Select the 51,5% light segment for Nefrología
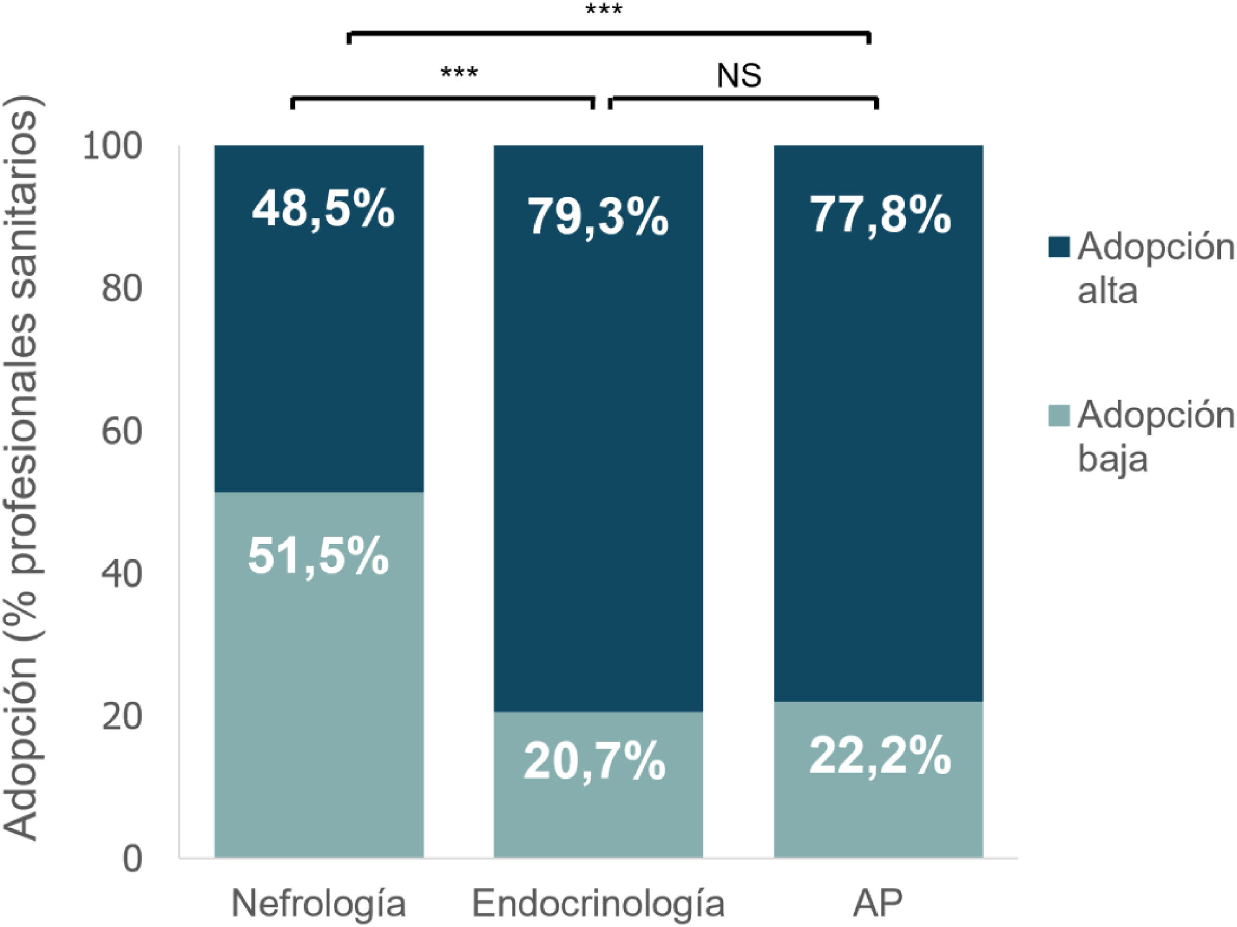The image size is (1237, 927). coord(319,675)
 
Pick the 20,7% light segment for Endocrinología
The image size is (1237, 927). coord(598,784)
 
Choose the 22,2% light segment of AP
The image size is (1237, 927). coord(879,780)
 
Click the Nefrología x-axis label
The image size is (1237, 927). coord(319,903)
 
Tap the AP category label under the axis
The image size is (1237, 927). coord(878,902)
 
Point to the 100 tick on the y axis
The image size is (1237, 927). coord(112,146)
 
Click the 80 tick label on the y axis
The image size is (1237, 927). coord(121,289)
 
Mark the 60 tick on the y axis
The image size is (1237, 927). coord(121,431)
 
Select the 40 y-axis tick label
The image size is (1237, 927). coord(121,574)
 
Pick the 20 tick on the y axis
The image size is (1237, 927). coord(121,716)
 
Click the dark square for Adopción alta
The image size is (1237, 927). coord(1059,247)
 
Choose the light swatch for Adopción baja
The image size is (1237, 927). coord(1059,415)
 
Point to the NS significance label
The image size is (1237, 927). coord(739,75)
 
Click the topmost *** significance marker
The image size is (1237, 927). coord(604,10)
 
